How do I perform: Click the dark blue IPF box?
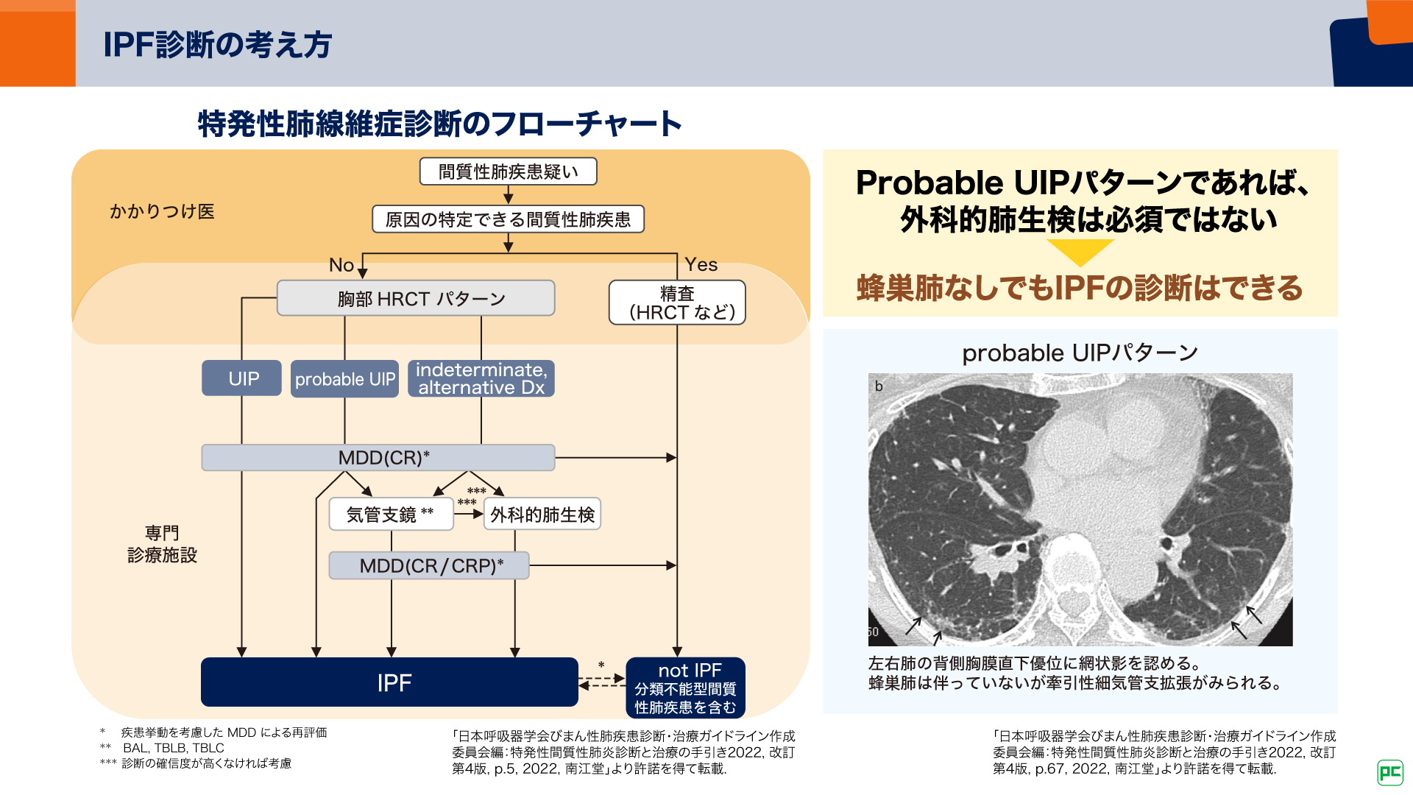389,682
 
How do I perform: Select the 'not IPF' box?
685,688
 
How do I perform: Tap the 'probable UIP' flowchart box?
344,379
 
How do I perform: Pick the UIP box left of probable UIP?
242,378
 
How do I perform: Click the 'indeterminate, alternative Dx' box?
481,378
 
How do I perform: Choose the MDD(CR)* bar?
378,457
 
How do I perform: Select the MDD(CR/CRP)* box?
429,565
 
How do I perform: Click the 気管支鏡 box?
391,514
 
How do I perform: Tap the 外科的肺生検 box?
542,514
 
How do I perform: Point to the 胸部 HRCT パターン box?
416,298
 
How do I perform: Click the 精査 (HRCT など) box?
677,303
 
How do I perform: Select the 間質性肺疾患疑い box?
508,172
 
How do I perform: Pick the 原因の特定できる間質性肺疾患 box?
508,219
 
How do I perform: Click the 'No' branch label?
341,265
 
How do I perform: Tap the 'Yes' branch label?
701,264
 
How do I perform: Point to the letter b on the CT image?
879,386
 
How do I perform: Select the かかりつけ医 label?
162,212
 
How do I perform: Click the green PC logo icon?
1389,772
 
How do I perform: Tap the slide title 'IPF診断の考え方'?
218,44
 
